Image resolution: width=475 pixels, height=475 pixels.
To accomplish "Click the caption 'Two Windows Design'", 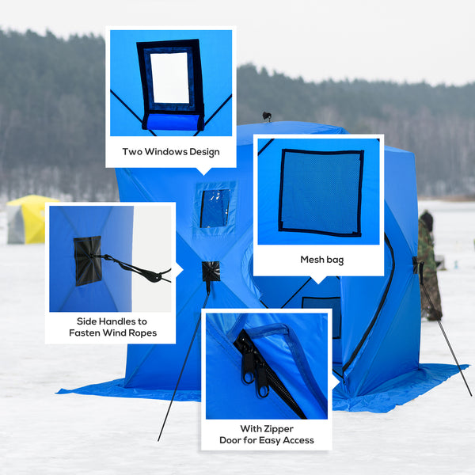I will point(171,151).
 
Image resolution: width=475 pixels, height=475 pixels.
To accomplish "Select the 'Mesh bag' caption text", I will point(321,259).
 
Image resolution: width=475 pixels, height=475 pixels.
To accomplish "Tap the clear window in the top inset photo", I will point(170,78).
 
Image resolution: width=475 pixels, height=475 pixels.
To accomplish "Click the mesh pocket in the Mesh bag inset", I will point(321,192).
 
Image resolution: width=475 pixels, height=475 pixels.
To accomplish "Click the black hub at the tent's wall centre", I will point(211,271).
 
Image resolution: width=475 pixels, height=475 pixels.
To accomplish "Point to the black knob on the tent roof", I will point(268,117).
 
